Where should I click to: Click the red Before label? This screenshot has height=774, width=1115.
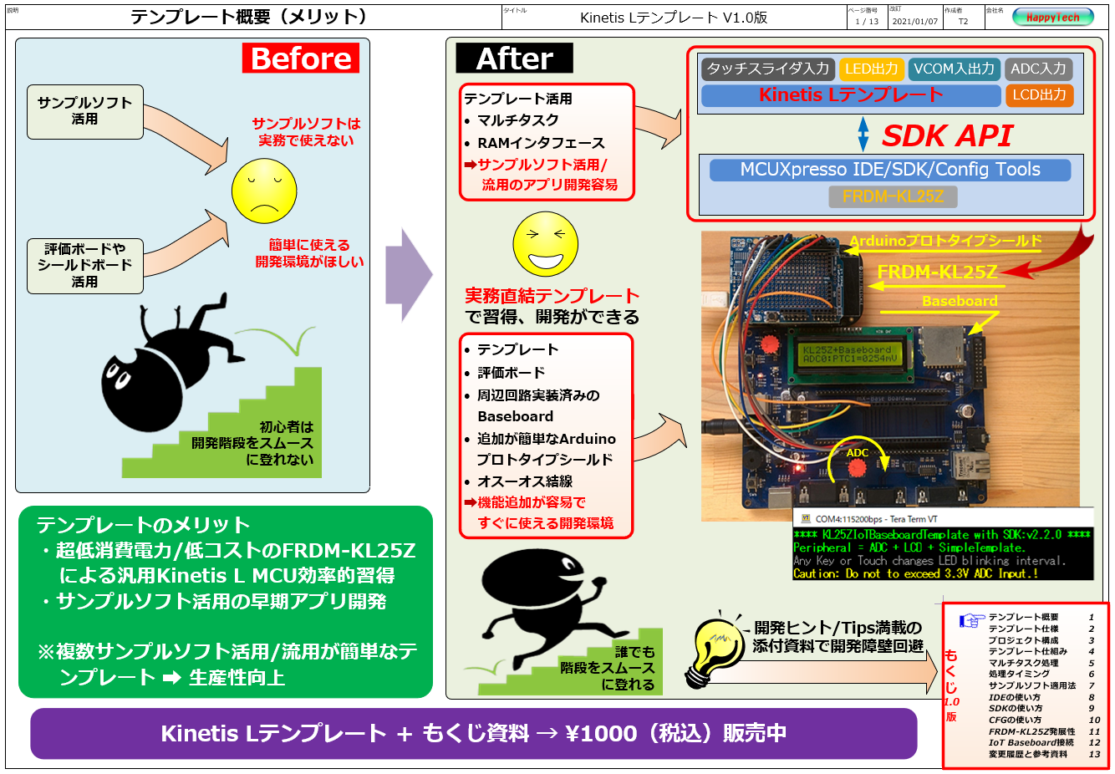301,59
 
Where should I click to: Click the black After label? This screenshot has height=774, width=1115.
514,59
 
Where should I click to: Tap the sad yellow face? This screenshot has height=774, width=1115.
264,191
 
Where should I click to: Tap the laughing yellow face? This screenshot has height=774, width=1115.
545,243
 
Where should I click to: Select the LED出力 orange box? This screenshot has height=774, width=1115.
871,69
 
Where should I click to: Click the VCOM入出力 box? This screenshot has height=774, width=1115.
954,69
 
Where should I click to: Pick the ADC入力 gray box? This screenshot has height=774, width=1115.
1038,69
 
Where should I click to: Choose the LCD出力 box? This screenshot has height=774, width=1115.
1039,95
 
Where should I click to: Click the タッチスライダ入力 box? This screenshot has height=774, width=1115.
767,69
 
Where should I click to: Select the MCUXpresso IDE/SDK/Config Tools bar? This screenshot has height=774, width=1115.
889,170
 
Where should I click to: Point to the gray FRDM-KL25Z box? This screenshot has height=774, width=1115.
893,196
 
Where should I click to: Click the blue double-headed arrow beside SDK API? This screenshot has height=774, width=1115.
863,135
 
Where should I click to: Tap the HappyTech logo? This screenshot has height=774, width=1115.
1052,17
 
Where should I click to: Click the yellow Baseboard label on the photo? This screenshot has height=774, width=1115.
960,301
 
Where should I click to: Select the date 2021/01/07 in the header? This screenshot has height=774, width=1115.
914,22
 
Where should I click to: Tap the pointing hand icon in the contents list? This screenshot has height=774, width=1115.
972,620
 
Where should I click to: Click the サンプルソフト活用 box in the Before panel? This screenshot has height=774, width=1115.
84,111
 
